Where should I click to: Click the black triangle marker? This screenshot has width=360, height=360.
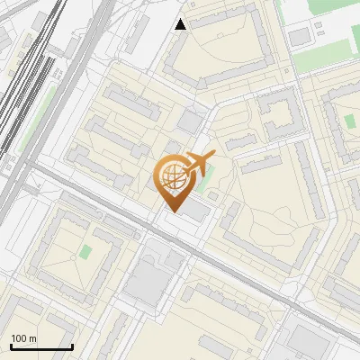[181, 24]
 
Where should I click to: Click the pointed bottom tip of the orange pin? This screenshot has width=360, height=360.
[174, 211]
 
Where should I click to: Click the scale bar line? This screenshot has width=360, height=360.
[41, 347]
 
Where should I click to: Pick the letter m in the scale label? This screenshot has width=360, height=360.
[33, 338]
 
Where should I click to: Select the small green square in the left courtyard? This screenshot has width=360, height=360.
[85, 251]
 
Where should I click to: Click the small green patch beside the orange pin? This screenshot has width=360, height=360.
[212, 193]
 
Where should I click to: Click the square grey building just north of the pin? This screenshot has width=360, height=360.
[190, 121]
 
